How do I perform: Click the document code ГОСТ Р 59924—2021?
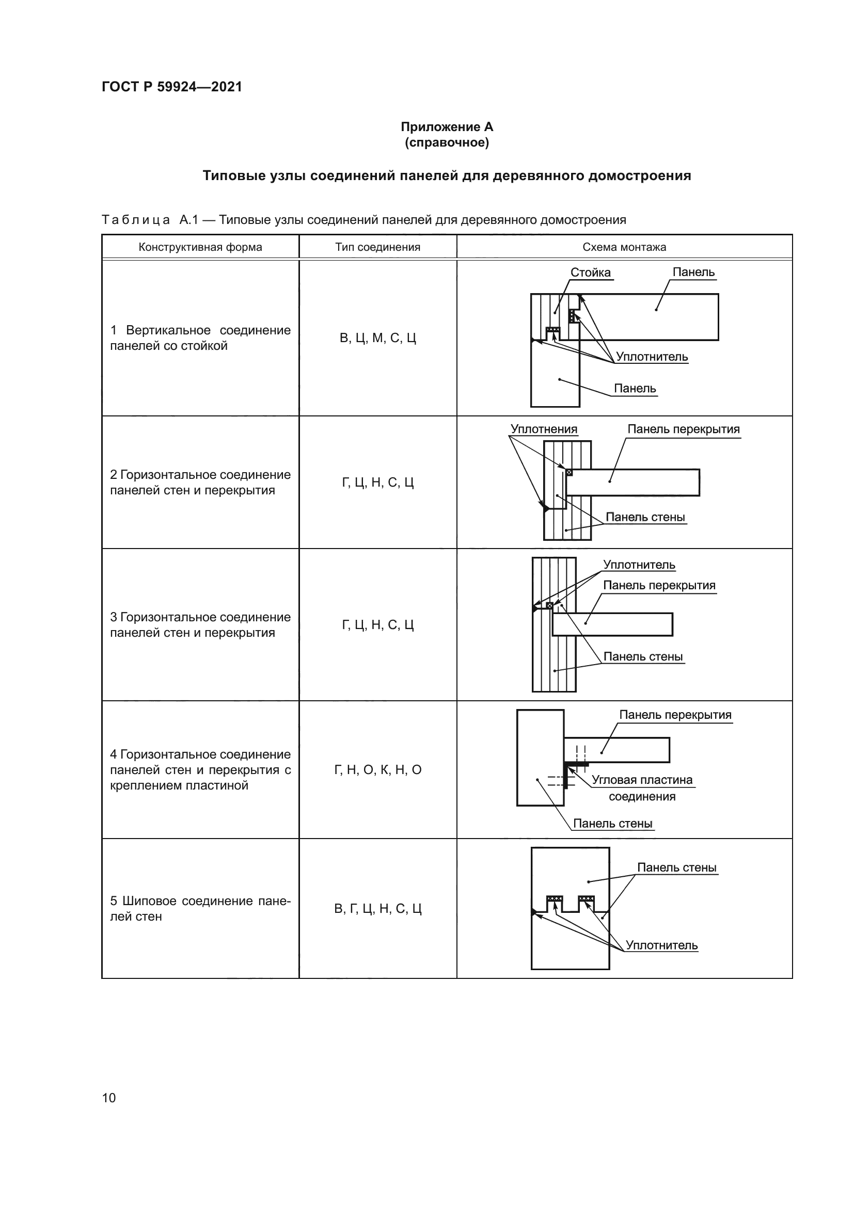coord(172,87)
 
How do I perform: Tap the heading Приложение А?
coord(447,127)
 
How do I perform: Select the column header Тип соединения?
coord(377,247)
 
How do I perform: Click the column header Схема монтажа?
coord(624,247)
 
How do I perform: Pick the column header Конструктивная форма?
coord(200,247)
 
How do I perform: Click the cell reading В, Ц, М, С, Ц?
coord(377,338)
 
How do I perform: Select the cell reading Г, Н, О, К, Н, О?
coord(377,770)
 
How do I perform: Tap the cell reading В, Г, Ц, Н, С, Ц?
coord(377,909)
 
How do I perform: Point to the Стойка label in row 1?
coord(591,272)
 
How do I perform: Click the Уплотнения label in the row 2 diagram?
coord(544,429)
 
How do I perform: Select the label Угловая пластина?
coord(642,780)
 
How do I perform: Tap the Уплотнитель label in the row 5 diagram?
coord(661,945)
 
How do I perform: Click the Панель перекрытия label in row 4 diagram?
coord(675,715)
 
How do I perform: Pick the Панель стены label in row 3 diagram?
coord(643,656)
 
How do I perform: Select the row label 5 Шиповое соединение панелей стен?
coord(200,908)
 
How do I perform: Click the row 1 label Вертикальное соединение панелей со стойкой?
coord(200,338)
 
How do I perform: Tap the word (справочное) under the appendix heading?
coord(447,143)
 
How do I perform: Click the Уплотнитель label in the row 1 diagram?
coord(652,357)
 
